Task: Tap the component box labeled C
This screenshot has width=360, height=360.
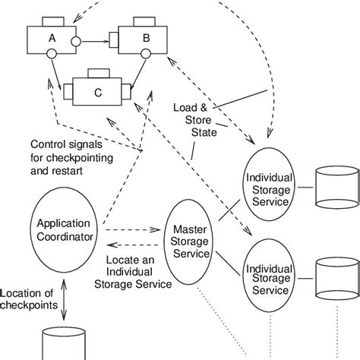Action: [x=97, y=94]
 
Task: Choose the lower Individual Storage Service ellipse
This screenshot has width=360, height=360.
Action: [x=267, y=279]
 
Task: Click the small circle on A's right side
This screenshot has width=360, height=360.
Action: [x=74, y=39]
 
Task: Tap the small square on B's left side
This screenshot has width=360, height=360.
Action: [x=113, y=39]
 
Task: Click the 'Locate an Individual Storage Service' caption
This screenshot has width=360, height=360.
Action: [x=134, y=273]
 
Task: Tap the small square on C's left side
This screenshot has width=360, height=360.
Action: [x=68, y=94]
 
